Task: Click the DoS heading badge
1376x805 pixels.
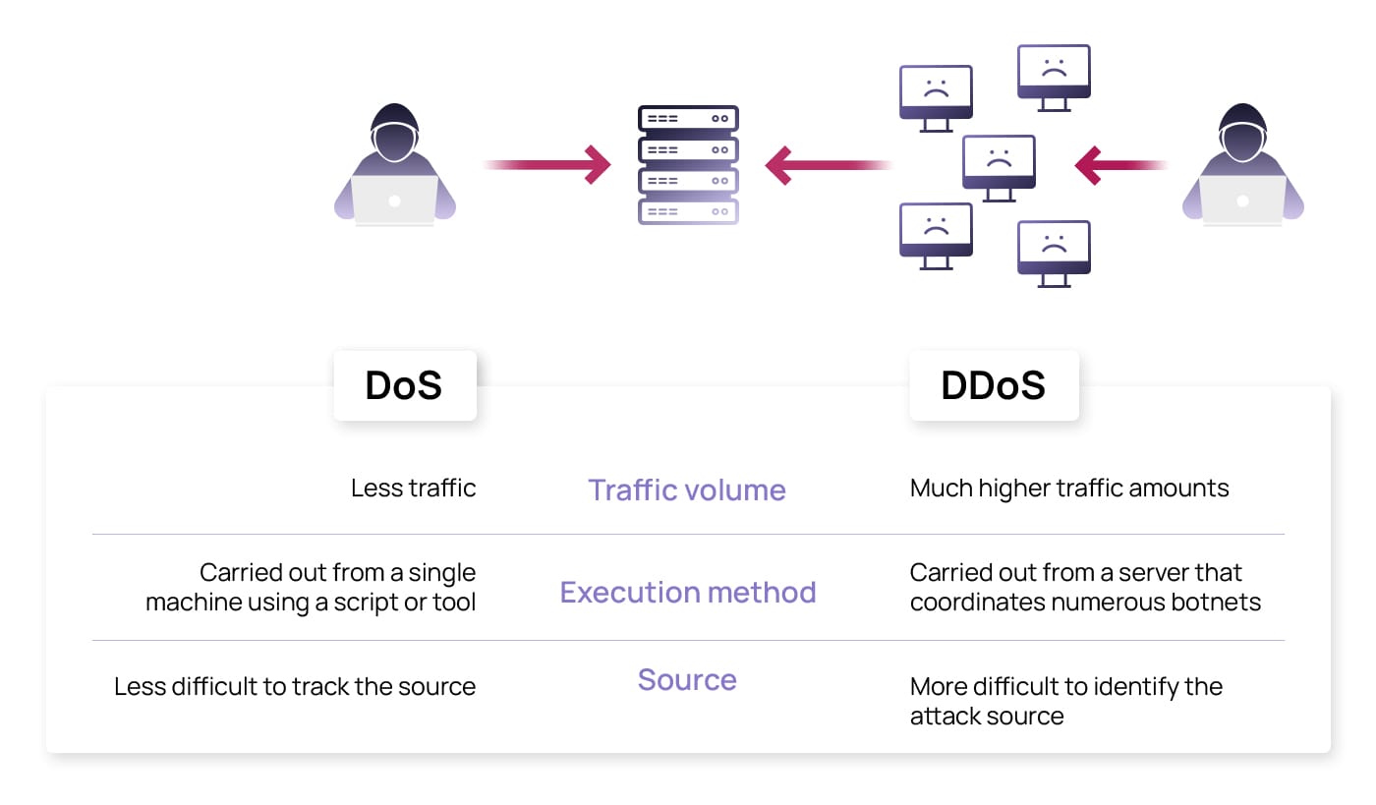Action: [x=404, y=385]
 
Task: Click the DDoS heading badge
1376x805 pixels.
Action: [x=994, y=385]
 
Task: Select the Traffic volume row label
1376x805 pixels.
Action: [x=687, y=489]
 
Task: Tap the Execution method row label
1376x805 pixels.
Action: [x=688, y=592]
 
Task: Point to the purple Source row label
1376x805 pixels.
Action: [x=687, y=679]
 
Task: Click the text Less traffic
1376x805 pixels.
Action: [x=413, y=488]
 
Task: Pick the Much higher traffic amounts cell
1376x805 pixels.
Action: [x=1069, y=488]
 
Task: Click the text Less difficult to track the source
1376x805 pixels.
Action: [x=295, y=686]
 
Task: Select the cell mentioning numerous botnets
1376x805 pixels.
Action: [x=1085, y=587]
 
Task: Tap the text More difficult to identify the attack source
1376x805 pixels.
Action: [x=1065, y=700]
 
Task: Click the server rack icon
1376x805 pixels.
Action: [x=688, y=164]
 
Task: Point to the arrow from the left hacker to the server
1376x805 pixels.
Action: [x=546, y=164]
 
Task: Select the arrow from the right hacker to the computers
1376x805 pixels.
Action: [x=1120, y=165]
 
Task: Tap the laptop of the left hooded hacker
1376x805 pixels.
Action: [x=394, y=201]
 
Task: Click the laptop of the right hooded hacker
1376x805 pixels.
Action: [x=1242, y=201]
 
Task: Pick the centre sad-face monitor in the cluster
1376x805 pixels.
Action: [x=999, y=163]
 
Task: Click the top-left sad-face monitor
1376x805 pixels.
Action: [x=936, y=94]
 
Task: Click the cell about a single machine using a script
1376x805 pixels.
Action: [x=311, y=587]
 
